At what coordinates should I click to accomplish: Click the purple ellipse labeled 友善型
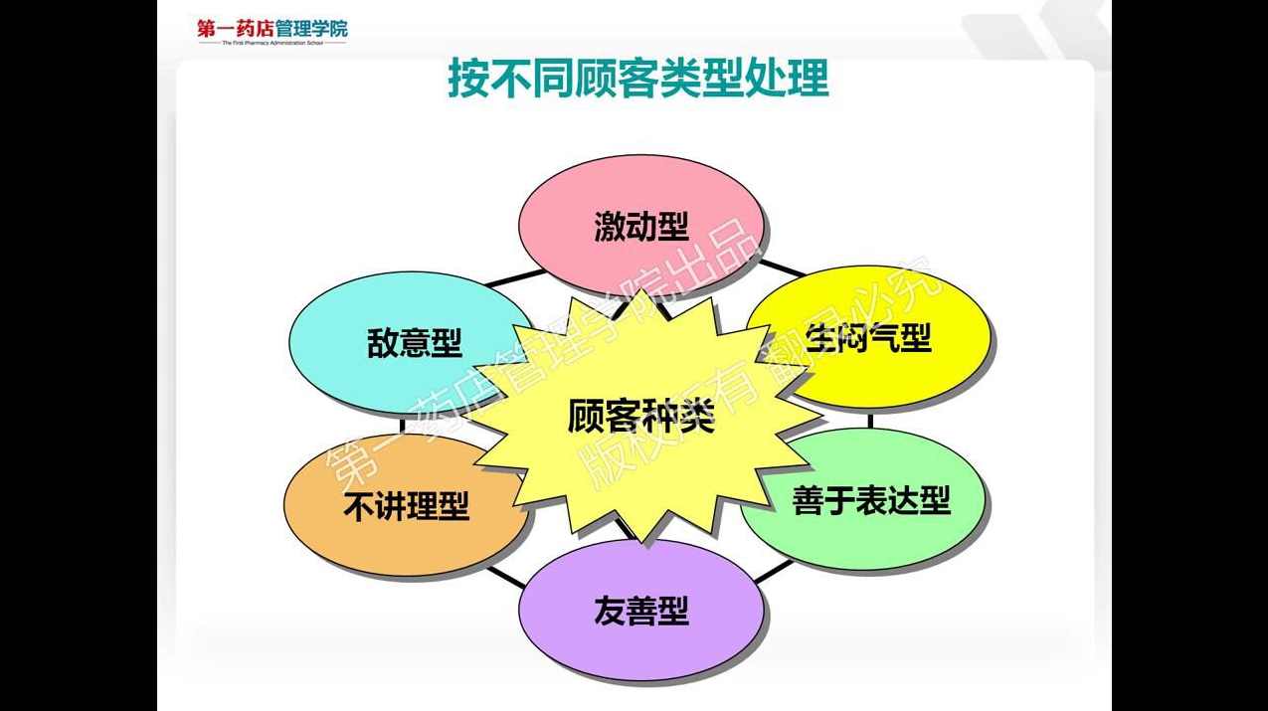click(x=641, y=611)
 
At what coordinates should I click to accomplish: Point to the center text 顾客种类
click(x=641, y=417)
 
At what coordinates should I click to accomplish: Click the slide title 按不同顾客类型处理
click(x=637, y=80)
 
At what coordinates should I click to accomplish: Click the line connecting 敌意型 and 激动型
click(x=516, y=277)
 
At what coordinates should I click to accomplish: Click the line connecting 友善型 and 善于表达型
click(x=775, y=571)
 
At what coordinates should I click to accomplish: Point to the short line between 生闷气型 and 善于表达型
click(x=871, y=420)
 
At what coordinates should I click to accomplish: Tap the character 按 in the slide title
click(x=466, y=80)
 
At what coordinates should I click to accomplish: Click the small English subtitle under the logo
click(x=272, y=43)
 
